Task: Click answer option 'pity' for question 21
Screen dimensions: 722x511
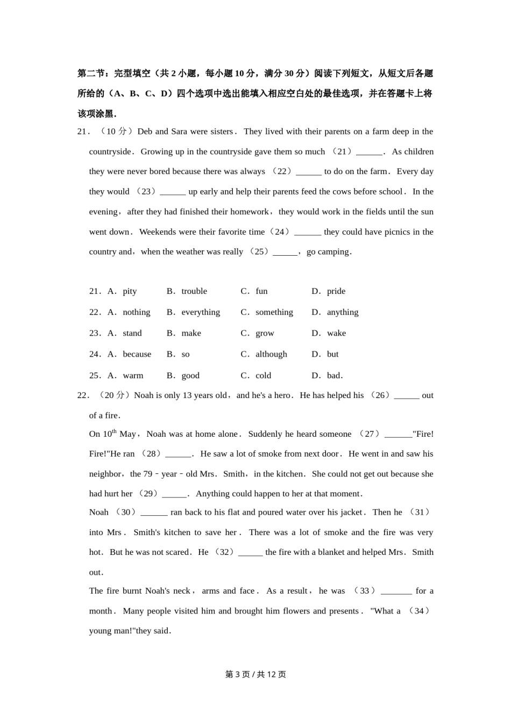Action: [x=130, y=291]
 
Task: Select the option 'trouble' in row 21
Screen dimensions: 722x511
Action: [x=194, y=291]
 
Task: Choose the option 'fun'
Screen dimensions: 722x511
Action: [x=261, y=291]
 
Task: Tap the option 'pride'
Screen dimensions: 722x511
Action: [x=336, y=291]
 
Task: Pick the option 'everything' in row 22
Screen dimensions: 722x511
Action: [x=201, y=312]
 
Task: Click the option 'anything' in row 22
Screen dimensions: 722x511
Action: [x=343, y=312]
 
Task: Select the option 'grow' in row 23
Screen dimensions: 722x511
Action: [x=265, y=333]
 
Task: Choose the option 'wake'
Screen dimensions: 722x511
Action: [x=336, y=333]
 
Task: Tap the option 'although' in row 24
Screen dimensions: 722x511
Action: [x=271, y=354]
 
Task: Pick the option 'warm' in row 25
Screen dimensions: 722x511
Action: [x=133, y=376]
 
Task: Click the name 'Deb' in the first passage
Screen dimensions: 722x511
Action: [x=145, y=132]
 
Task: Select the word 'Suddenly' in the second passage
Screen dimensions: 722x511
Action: [x=265, y=434]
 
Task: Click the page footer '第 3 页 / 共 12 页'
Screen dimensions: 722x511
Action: [x=256, y=674]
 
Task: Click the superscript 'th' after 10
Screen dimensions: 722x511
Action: [x=114, y=431]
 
